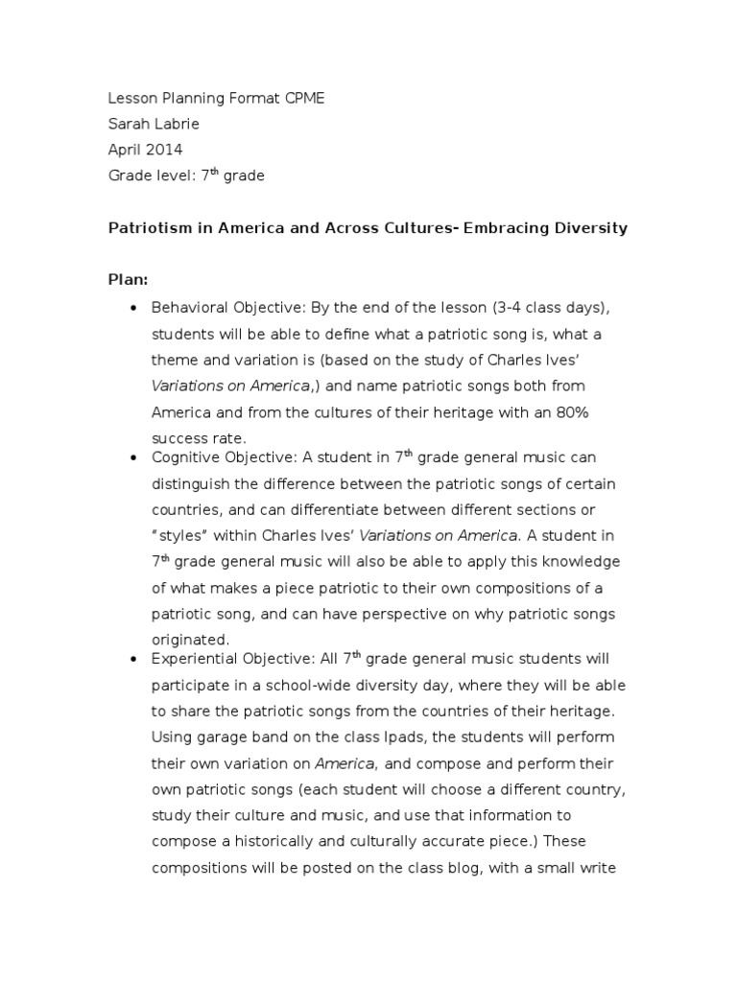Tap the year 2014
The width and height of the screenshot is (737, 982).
(163, 150)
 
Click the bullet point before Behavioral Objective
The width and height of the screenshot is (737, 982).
(131, 309)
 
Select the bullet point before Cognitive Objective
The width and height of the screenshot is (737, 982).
(131, 459)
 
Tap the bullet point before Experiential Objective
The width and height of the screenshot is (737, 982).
(131, 660)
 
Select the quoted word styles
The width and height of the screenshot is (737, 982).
(185, 534)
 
